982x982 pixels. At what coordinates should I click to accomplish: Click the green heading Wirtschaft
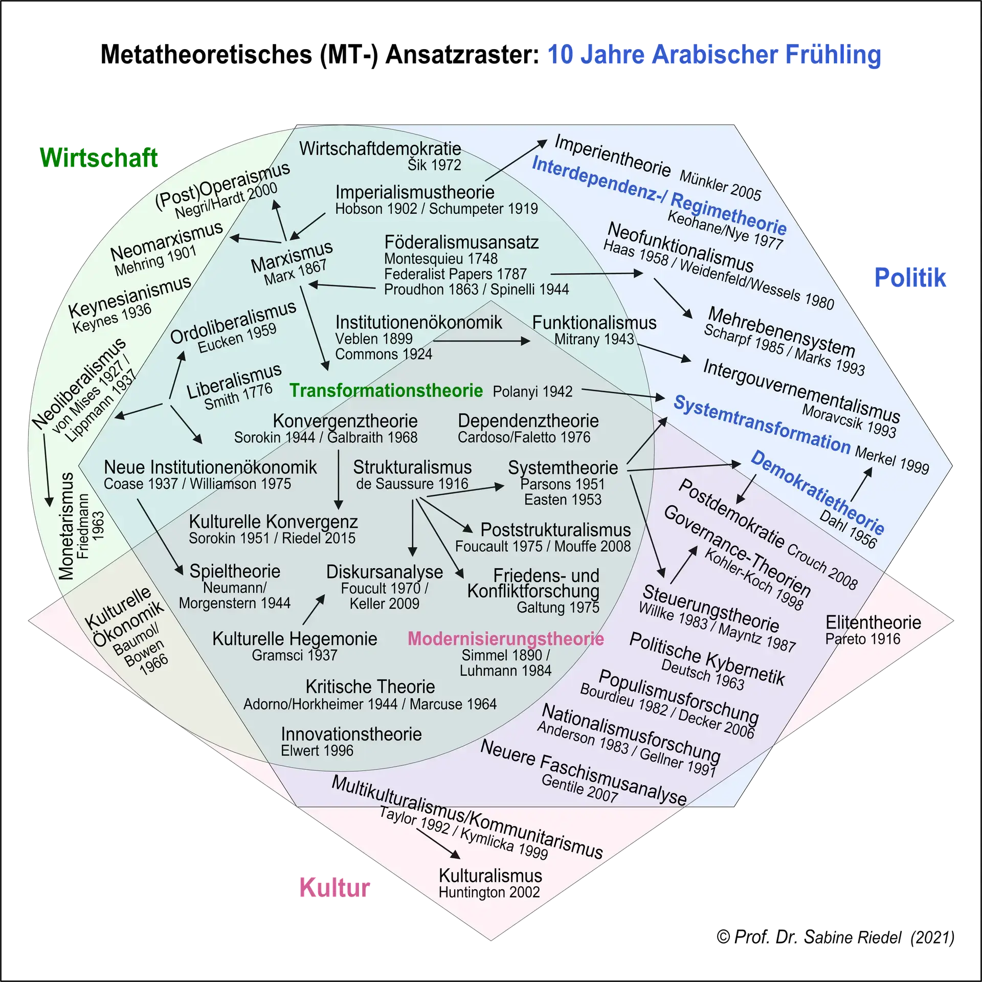[x=99, y=158]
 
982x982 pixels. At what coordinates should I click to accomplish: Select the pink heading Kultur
[x=334, y=887]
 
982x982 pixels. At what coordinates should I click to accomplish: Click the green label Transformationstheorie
[x=386, y=391]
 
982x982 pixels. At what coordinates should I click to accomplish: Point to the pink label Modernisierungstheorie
[x=506, y=639]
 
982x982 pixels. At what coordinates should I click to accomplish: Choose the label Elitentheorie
[x=873, y=622]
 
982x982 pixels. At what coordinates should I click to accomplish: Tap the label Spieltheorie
[x=235, y=571]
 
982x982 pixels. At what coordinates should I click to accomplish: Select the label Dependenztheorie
[x=528, y=421]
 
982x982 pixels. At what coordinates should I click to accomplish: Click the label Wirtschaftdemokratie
[x=380, y=149]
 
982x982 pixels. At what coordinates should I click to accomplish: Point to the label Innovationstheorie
[x=351, y=734]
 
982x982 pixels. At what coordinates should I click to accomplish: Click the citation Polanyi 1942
[x=532, y=392]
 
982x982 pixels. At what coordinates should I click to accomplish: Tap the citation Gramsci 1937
[x=295, y=655]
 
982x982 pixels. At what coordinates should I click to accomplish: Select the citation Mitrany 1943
[x=594, y=339]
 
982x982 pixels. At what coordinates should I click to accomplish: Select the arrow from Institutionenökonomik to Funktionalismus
[x=481, y=341]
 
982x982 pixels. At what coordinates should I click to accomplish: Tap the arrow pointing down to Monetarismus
[x=47, y=471]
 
